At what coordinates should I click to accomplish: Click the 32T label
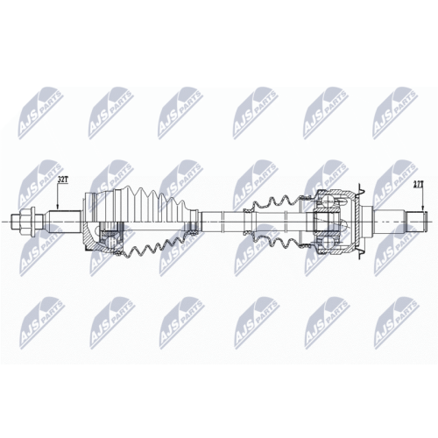tap(62, 180)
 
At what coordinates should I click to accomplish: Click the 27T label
tap(418, 184)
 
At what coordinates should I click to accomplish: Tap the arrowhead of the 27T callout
tap(422, 209)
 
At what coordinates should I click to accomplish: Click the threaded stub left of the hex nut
tap(15, 222)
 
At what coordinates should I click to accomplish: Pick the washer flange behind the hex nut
tap(34, 222)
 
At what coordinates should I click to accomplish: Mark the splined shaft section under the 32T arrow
tap(65, 222)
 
